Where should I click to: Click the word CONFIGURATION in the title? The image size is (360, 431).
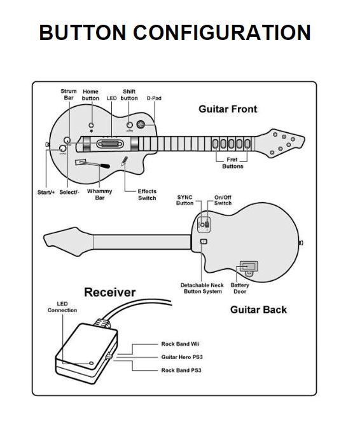coord(222,32)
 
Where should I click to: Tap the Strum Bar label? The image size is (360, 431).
coord(69,94)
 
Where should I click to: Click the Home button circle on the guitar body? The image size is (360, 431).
coord(92,125)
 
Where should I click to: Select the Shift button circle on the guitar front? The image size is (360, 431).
coord(129,125)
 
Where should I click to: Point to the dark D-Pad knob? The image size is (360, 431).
coord(141,125)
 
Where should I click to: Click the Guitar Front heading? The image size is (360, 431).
coord(228,109)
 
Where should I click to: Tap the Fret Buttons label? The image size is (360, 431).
coord(232,163)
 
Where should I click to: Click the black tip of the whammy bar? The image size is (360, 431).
coord(105,166)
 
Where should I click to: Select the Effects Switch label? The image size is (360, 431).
coord(147,195)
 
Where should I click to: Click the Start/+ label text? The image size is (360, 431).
coord(46,192)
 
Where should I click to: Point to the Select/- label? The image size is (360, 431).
coord(69,192)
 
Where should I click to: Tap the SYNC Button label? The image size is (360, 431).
coord(185,200)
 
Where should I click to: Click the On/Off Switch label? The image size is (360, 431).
coord(223,200)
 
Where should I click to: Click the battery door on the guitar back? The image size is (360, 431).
coord(249,266)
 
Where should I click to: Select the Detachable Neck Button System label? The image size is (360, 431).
coord(202,289)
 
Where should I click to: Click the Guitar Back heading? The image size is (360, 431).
coord(258,310)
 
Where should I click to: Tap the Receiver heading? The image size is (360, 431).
coord(110,292)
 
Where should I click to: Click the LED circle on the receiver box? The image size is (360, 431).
coord(92,363)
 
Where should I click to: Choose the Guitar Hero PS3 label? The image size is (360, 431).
coord(182,357)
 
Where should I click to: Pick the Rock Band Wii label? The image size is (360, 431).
coord(180,344)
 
